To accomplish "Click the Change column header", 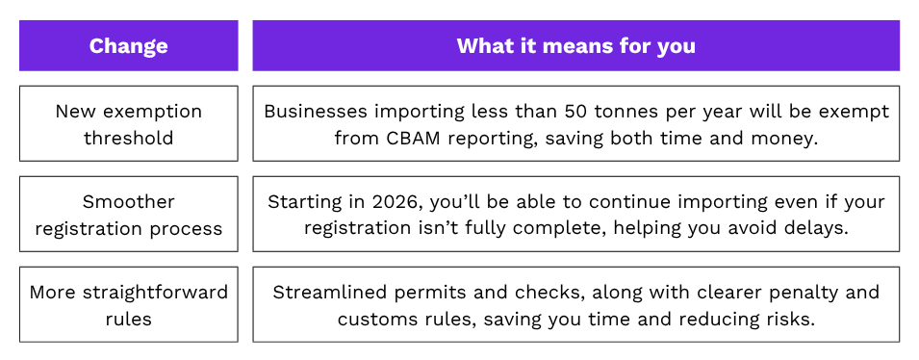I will point(128,46).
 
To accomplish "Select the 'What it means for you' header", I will point(575,46).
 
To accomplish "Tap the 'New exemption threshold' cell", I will point(128,123).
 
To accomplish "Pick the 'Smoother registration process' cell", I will point(128,215).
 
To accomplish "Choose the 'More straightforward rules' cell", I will point(128,305).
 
